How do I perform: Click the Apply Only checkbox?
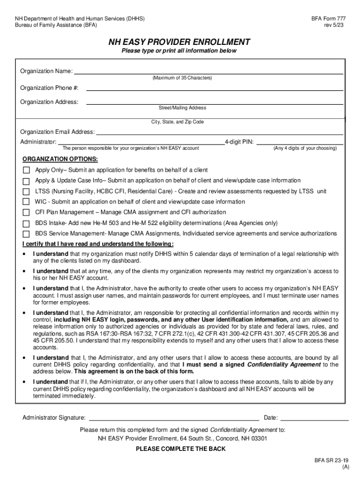pyautogui.click(x=26, y=170)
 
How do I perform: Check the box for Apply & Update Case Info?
pyautogui.click(x=26, y=181)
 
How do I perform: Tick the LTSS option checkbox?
pyautogui.click(x=26, y=192)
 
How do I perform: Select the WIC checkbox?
pyautogui.click(x=26, y=202)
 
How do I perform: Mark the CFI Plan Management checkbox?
pyautogui.click(x=26, y=213)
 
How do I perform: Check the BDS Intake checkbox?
pyautogui.click(x=26, y=223)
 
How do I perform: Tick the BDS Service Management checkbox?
pyautogui.click(x=26, y=233)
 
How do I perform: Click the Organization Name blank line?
pyautogui.click(x=209, y=73)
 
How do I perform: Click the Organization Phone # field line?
pyautogui.click(x=215, y=89)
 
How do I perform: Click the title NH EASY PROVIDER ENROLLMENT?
pyautogui.click(x=180, y=42)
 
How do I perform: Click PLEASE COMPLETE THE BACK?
pyautogui.click(x=180, y=449)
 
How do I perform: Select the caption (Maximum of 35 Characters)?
pyautogui.click(x=182, y=78)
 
